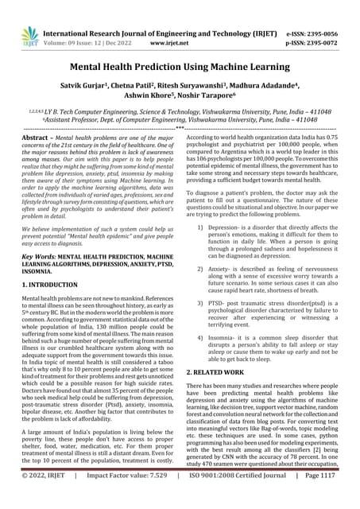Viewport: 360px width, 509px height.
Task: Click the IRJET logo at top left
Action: pos(30,35)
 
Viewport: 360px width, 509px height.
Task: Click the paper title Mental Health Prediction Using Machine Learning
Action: pos(180,68)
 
